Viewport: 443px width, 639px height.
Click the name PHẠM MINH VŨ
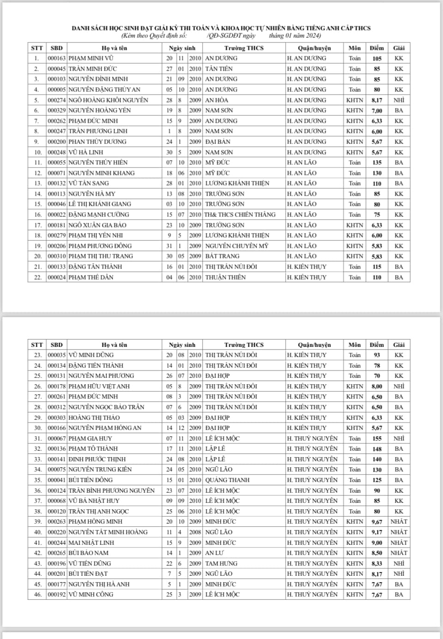(91, 58)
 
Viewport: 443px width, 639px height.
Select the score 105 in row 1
(377, 59)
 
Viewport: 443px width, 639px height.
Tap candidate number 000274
(57, 100)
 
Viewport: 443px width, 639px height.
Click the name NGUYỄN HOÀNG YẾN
(100, 110)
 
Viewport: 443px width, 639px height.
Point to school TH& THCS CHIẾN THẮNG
(240, 215)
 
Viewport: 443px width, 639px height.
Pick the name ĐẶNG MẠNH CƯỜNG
(99, 215)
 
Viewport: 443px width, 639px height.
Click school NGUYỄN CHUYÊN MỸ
(237, 246)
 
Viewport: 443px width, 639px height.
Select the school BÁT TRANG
(222, 256)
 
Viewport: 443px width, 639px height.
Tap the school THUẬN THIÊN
(225, 277)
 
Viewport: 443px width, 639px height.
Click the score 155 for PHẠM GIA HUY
(377, 439)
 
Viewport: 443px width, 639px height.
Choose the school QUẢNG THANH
(227, 480)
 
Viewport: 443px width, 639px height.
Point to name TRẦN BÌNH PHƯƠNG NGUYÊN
(112, 490)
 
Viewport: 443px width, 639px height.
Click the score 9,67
(377, 522)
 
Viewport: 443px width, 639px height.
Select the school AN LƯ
(215, 553)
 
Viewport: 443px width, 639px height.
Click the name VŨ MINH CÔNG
(91, 595)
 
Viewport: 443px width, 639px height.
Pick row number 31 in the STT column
(37, 438)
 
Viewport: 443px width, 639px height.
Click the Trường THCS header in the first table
(244, 48)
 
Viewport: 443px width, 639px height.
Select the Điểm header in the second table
(377, 345)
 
